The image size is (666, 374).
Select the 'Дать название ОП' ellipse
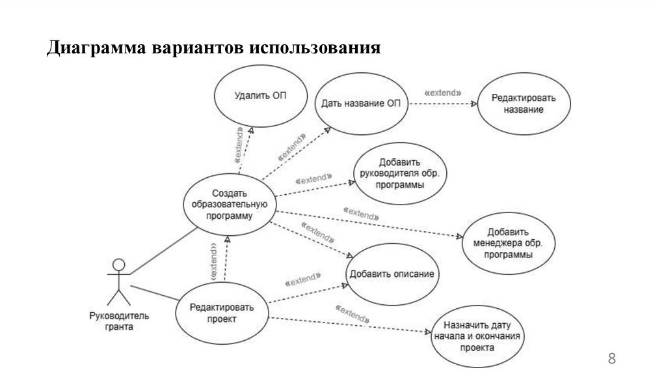pos(361,105)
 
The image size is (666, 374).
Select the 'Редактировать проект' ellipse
pos(222,313)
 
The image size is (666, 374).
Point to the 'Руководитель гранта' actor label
pos(118,321)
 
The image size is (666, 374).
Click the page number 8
pos(611,358)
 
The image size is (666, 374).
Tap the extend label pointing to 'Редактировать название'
pos(442,93)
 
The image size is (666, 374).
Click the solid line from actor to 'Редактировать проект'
pos(155,293)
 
